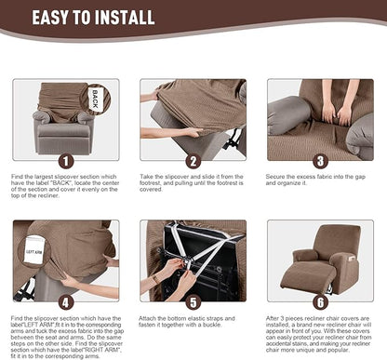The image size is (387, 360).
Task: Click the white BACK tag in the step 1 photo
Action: coord(96,98)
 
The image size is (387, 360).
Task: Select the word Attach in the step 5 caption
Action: coord(152,318)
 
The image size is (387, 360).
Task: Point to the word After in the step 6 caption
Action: coord(277,318)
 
